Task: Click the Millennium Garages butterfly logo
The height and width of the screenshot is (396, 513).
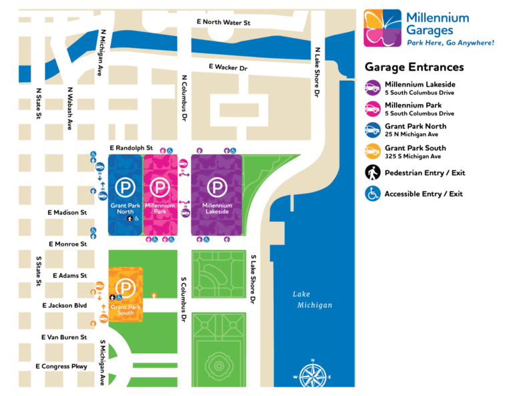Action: click(x=383, y=28)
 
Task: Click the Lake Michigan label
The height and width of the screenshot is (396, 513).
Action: click(x=312, y=299)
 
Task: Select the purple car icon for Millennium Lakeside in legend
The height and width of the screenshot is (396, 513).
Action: click(x=373, y=88)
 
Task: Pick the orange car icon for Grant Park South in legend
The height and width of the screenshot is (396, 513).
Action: click(x=373, y=152)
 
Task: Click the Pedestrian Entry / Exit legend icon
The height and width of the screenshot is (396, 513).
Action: click(x=373, y=173)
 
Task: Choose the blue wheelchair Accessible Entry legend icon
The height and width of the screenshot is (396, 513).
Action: click(x=373, y=194)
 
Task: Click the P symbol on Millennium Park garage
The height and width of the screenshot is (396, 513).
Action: click(x=160, y=188)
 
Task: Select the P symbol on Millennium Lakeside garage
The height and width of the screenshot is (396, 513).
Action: click(x=216, y=188)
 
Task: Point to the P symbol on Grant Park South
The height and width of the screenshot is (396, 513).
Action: click(x=124, y=288)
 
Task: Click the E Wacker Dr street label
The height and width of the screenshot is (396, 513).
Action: click(x=228, y=67)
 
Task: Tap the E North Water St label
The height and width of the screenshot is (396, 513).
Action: click(x=223, y=22)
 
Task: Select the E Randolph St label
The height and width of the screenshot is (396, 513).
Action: click(x=132, y=148)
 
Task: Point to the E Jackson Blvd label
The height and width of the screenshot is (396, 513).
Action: click(x=64, y=305)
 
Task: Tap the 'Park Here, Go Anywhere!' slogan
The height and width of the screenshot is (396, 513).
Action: click(x=450, y=43)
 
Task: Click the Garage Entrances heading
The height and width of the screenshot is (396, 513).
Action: click(x=413, y=67)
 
